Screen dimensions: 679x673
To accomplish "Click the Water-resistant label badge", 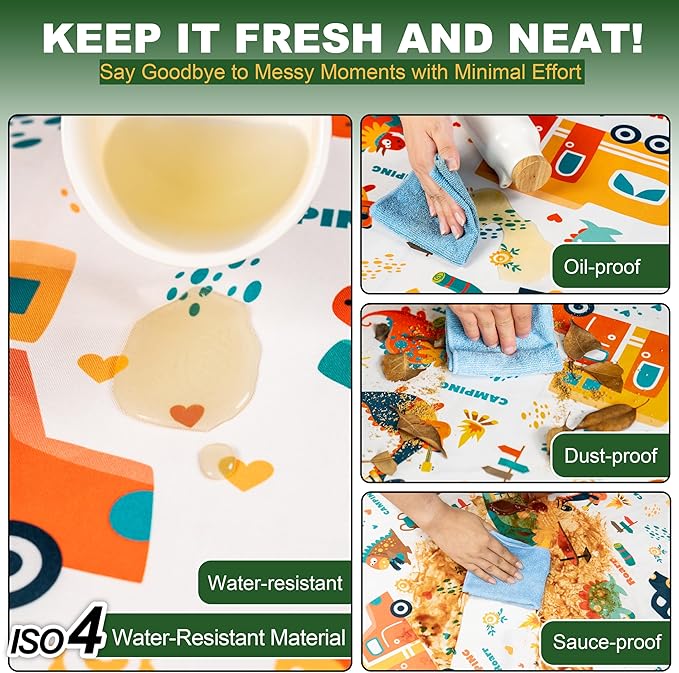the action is point(275,582).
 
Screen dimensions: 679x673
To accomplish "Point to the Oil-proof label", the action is point(611,266).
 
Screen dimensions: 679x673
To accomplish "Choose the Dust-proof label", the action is point(611,456).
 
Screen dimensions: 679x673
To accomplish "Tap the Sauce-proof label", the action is point(606,642).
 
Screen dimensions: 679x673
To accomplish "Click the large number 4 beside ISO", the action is point(88,631).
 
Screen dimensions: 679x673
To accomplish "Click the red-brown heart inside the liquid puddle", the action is point(187,414).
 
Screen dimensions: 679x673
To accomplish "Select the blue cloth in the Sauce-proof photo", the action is point(507,572).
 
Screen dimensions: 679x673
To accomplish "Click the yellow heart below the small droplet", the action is point(247,473).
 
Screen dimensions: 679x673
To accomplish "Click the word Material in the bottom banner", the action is point(307,638).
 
